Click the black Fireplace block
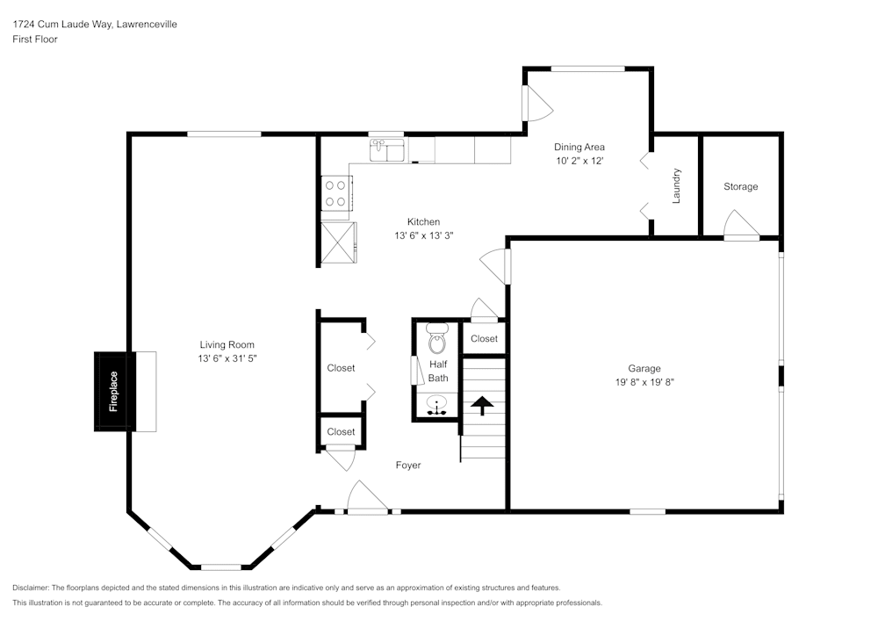114,392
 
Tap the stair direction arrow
482,406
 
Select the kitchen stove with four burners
336,193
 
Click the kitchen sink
388,150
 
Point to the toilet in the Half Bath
436,338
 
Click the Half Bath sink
436,405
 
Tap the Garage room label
644,368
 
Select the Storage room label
740,186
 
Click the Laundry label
676,185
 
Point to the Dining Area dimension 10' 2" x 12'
579,161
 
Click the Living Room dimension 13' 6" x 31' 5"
227,358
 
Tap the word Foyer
408,466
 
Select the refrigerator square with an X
338,242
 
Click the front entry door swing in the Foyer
368,496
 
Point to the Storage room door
741,225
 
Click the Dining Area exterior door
537,103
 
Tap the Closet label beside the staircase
484,339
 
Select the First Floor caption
35,40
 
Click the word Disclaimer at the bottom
31,588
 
